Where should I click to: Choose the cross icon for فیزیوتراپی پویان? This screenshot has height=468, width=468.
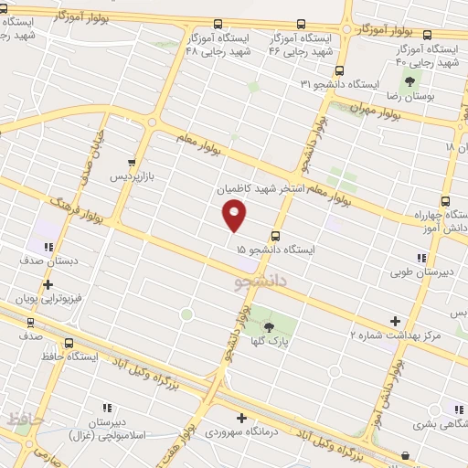click(x=48, y=284)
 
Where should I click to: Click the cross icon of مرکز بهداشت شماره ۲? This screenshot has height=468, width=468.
click(x=395, y=321)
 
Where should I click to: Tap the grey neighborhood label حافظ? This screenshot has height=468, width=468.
click(x=26, y=420)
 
